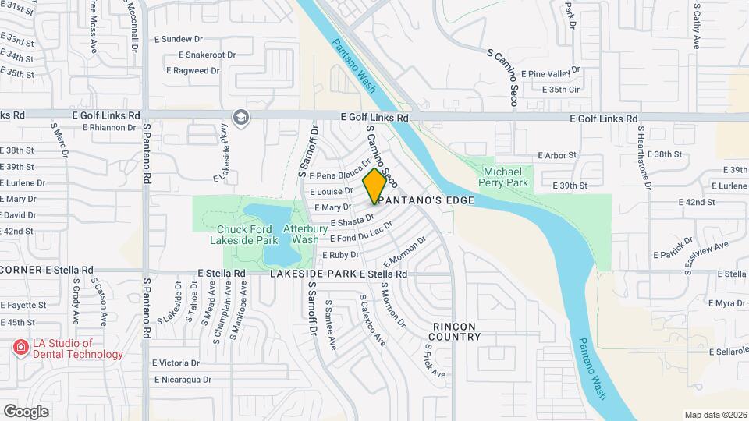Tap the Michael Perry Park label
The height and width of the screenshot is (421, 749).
coord(506,177)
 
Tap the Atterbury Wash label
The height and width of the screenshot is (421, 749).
coord(300,234)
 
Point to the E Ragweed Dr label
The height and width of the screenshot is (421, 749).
coord(193,70)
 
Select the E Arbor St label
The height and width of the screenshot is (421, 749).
coord(556,155)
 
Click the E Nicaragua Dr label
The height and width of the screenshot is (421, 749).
coord(182,380)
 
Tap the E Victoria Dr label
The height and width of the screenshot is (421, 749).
coord(176,363)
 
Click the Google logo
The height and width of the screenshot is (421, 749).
coord(26,412)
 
